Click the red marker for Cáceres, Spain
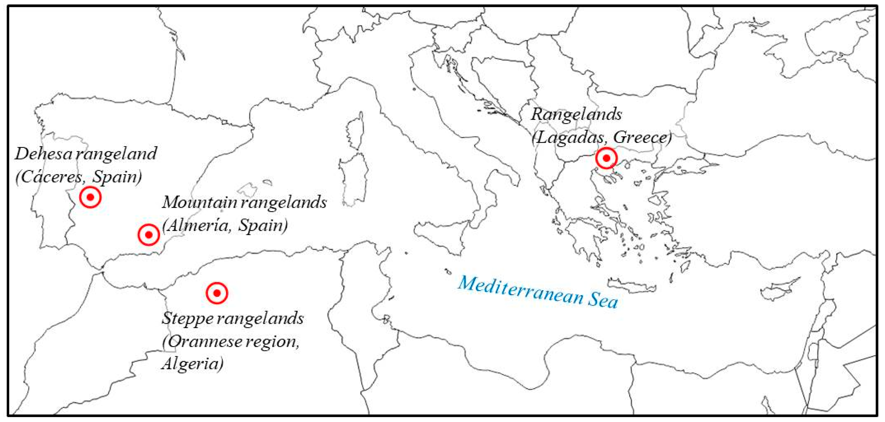pyautogui.click(x=90, y=197)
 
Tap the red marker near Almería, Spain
pyautogui.click(x=149, y=235)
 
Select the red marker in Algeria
pyautogui.click(x=217, y=293)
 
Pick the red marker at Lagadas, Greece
pyautogui.click(x=606, y=158)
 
